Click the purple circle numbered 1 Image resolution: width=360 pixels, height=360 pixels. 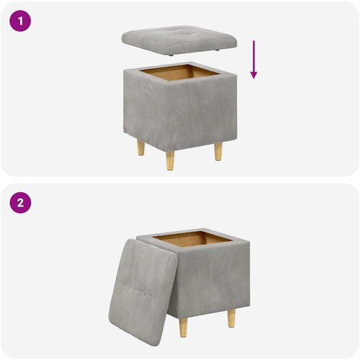(20, 21)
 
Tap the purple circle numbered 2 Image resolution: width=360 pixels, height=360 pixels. (20, 202)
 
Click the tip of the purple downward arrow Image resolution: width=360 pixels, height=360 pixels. (253, 78)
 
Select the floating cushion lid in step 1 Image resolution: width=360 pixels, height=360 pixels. (179, 41)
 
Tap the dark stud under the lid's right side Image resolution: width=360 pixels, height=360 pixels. (217, 50)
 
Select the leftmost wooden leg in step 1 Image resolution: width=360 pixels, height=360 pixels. (141, 148)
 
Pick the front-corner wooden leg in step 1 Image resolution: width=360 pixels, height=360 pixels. (170, 161)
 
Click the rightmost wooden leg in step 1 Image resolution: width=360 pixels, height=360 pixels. (218, 151)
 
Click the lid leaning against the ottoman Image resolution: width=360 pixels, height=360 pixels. (143, 292)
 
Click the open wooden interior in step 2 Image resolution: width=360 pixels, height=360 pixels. (192, 240)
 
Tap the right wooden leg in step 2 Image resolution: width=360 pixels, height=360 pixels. (232, 318)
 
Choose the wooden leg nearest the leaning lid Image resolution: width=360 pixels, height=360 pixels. (183, 328)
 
